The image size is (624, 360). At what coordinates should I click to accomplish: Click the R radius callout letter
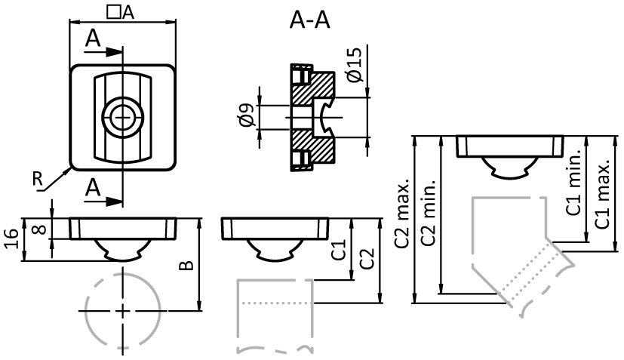coord(37,178)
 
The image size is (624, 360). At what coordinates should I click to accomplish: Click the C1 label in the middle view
coord(340,250)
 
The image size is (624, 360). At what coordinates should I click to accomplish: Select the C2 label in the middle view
coord(366,259)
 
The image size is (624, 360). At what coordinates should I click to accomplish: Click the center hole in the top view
coord(121,117)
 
